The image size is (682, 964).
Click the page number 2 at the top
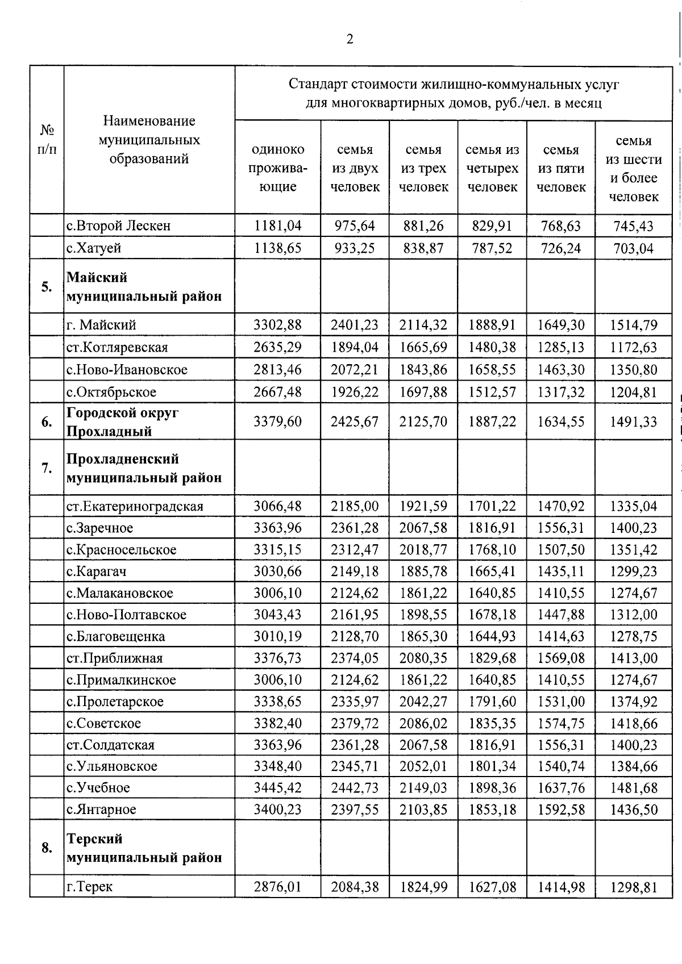tap(350, 39)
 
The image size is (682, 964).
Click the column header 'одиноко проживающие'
tap(278, 168)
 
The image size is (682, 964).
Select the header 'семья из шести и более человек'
tap(633, 169)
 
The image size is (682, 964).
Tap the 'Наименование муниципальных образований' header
tap(149, 140)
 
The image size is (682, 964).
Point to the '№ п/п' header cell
tap(47, 140)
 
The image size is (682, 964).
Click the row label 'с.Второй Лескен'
tap(118, 226)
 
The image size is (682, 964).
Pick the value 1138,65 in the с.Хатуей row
tap(278, 248)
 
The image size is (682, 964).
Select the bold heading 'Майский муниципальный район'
tap(144, 287)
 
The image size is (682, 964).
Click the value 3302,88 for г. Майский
tap(278, 325)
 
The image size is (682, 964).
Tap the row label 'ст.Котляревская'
tap(117, 347)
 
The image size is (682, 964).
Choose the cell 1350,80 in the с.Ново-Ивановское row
tap(633, 370)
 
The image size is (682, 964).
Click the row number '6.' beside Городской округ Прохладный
tap(47, 422)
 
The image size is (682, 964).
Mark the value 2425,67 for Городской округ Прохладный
tap(355, 422)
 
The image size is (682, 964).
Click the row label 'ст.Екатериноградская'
tap(135, 506)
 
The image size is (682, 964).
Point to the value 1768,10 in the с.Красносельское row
tap(492, 550)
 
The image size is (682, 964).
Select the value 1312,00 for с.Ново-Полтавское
tap(633, 615)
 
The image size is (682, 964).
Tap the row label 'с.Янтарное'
tap(101, 809)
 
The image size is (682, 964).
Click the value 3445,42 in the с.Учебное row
tap(278, 788)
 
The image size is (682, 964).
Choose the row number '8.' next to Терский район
tap(47, 848)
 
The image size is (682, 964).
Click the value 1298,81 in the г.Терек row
tap(633, 887)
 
